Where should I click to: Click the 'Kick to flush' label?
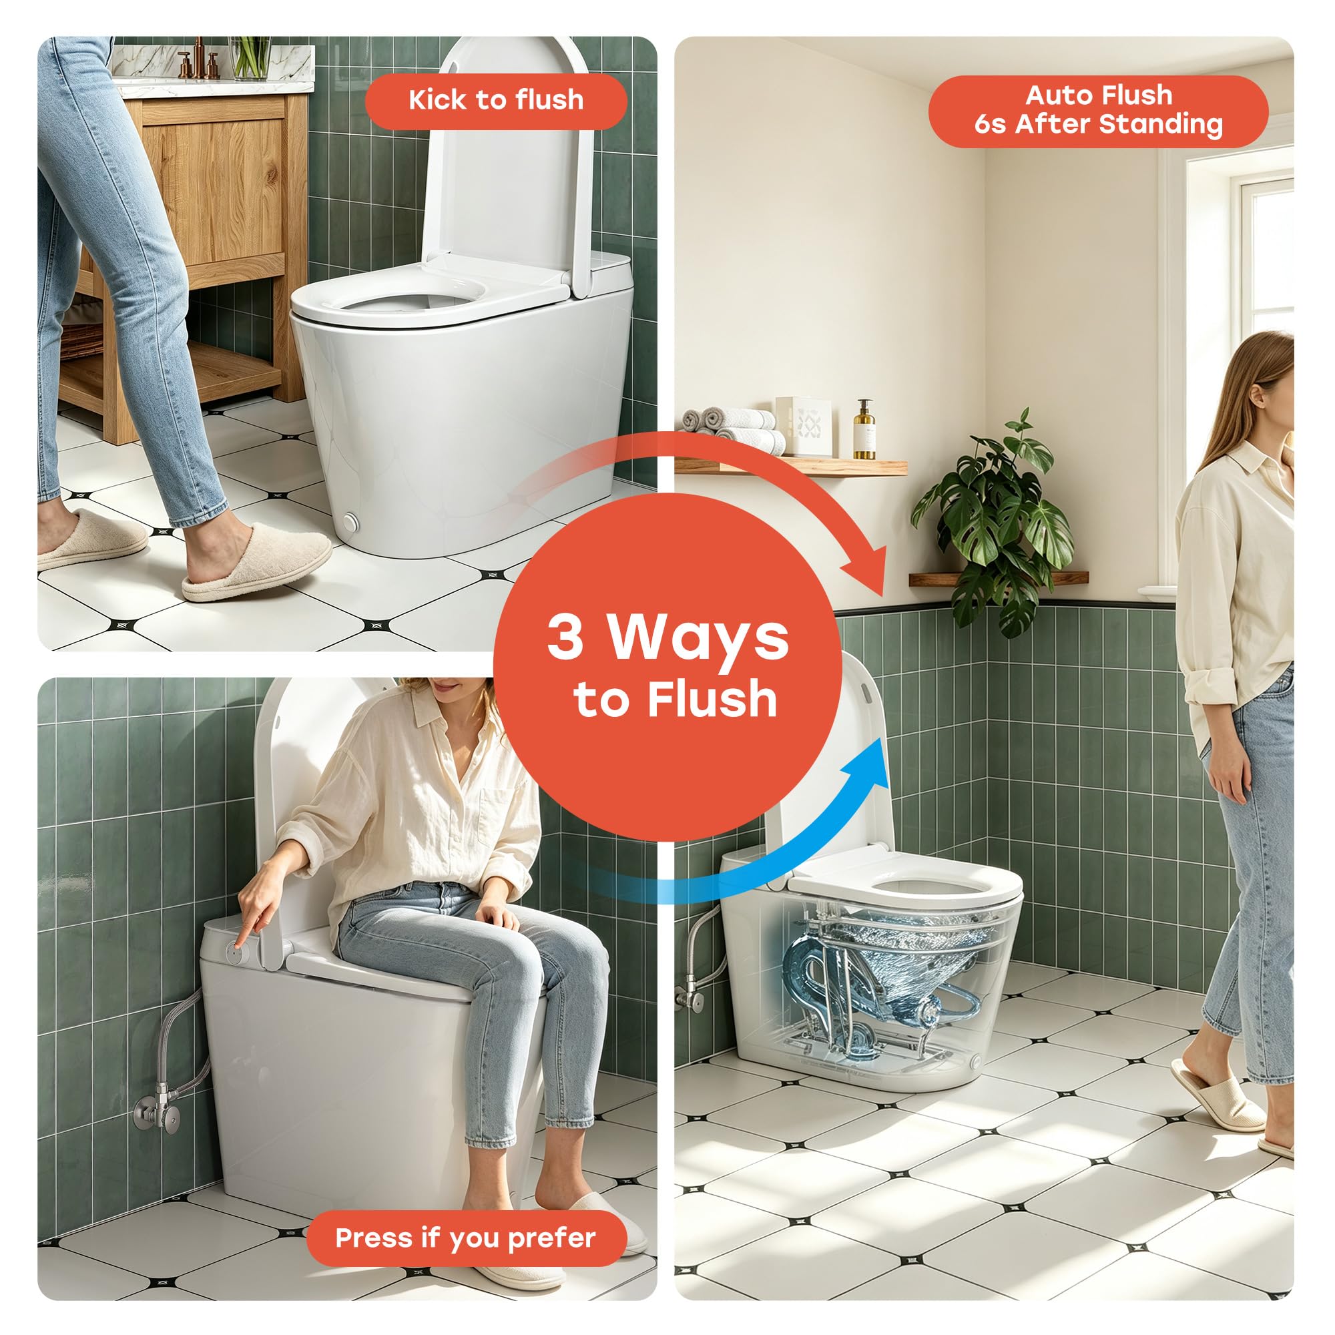pos(495,101)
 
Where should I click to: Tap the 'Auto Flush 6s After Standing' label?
pos(1098,111)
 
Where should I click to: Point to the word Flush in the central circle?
pos(712,700)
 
